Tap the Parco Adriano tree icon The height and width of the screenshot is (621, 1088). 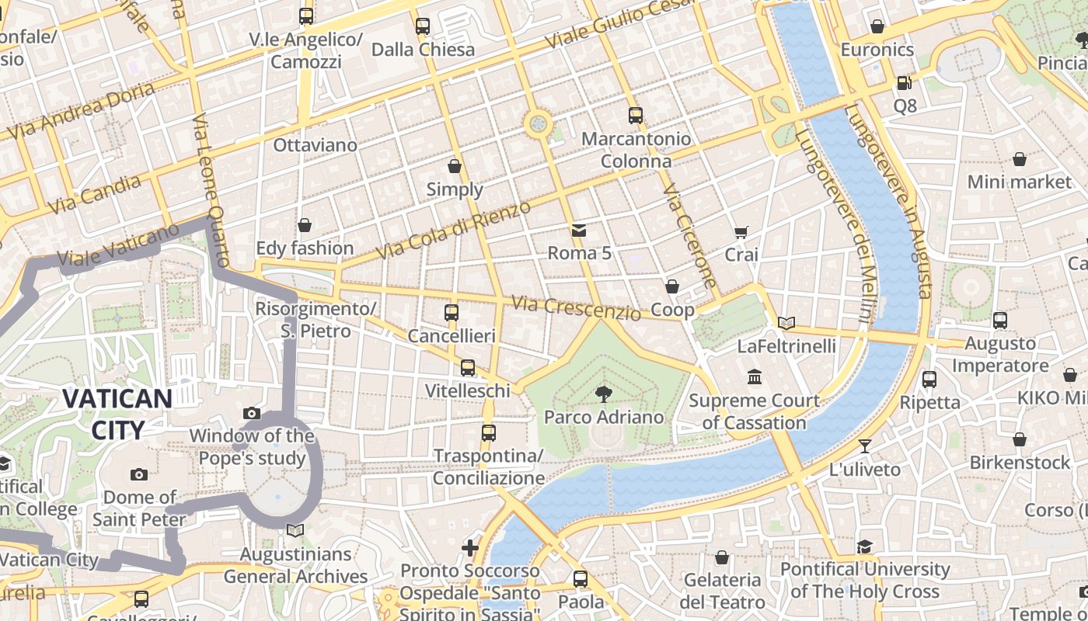603,395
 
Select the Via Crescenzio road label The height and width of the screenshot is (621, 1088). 576,307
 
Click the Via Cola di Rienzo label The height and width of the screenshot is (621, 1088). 453,230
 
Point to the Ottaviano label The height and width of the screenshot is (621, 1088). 315,145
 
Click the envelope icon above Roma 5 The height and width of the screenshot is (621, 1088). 579,230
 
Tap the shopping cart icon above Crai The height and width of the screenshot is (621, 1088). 741,232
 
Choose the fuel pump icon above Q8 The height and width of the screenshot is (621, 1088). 904,82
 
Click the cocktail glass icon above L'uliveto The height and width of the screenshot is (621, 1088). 864,446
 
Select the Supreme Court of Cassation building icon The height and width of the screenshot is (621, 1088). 754,377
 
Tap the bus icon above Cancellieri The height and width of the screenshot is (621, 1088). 452,313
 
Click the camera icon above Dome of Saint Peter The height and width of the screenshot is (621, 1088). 139,474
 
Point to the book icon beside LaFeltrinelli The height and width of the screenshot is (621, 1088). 786,323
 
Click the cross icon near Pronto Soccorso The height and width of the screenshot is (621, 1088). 469,548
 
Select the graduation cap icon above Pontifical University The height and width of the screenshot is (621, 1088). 865,546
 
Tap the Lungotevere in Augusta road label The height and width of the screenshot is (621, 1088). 894,202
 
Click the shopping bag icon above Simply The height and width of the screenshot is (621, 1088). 455,166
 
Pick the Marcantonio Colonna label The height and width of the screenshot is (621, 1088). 636,150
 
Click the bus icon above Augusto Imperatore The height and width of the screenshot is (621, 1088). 999,320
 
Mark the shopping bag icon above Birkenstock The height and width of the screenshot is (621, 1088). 1020,439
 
